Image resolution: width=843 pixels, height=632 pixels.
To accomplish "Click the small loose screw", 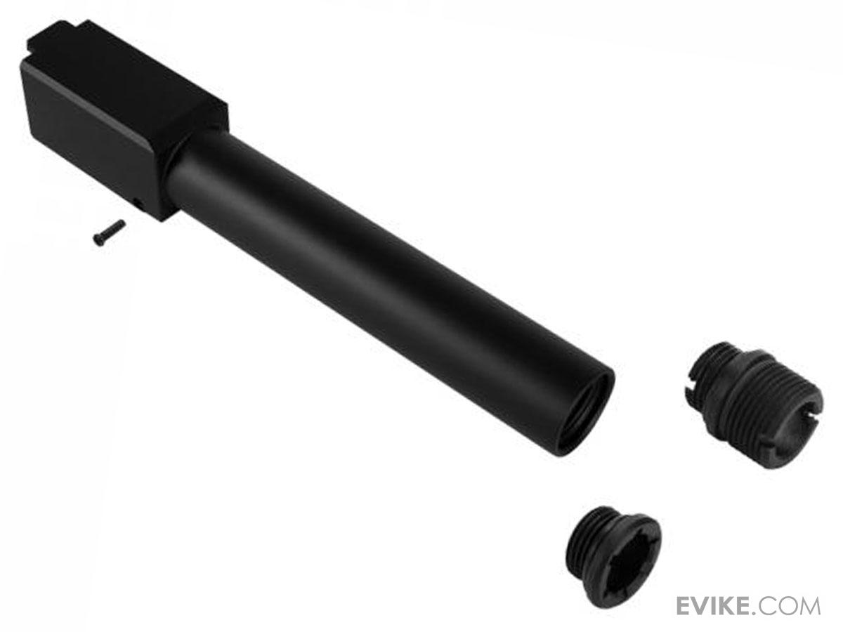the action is (109, 231).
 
